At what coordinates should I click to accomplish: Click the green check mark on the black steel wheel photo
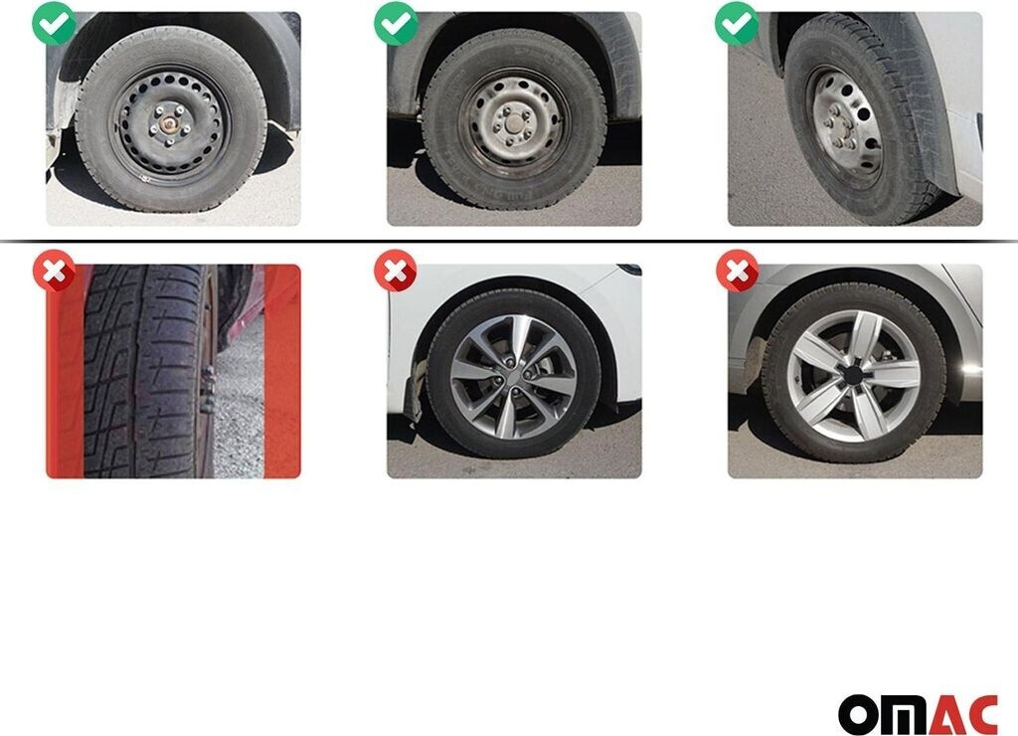coord(54,24)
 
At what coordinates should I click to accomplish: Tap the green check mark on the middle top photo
coord(396,24)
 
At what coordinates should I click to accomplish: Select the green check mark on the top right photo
coord(737,24)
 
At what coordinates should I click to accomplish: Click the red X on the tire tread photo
coord(55,271)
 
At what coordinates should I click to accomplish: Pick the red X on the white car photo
coord(396,271)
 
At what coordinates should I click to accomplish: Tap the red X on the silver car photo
coord(738,271)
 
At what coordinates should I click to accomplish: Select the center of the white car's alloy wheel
coord(513,376)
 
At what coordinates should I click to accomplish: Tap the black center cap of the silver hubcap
coord(851,376)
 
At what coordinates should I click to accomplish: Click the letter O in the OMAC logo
coord(857,714)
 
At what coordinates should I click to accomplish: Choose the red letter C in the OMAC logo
coord(980,714)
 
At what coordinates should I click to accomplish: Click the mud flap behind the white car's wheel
coord(413,390)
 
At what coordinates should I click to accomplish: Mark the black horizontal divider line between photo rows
coord(509,241)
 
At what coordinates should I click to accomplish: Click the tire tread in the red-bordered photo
coord(143,371)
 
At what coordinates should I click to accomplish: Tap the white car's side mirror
coord(629,269)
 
